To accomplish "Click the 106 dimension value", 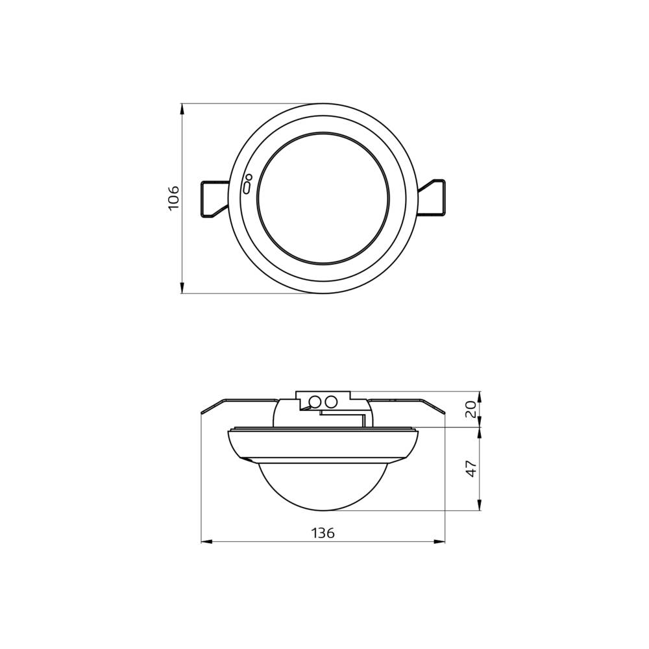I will [173, 198].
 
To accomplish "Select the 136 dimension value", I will [323, 533].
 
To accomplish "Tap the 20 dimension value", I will [472, 409].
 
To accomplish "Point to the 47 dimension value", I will [472, 468].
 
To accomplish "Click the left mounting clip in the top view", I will [215, 198].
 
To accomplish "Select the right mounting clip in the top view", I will [432, 197].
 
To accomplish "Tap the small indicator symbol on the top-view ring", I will [247, 185].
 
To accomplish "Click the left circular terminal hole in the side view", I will [315, 402].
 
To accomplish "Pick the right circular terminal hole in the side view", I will [331, 402].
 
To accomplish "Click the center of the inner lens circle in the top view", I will [323, 198].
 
